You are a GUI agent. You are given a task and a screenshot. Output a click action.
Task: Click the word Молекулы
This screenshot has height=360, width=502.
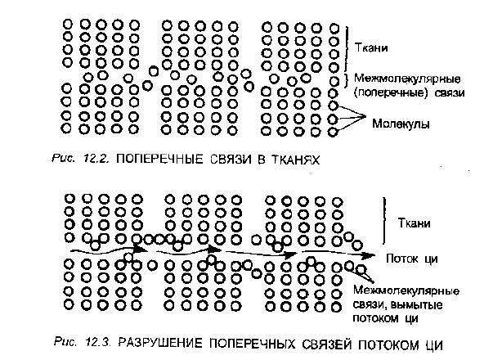(x=401, y=124)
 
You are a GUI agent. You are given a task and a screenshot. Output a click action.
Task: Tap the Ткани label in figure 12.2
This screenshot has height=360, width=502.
(x=372, y=47)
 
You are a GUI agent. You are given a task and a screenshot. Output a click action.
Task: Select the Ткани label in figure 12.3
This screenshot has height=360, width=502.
(x=414, y=223)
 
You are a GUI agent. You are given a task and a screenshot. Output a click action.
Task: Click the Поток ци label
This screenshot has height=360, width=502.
(x=412, y=259)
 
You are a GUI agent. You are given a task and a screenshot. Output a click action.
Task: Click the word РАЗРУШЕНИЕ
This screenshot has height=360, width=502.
(x=160, y=343)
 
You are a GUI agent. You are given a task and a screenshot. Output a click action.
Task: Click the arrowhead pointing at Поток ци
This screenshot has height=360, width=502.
(x=369, y=255)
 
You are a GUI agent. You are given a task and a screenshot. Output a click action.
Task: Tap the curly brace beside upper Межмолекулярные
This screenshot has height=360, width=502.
(x=347, y=79)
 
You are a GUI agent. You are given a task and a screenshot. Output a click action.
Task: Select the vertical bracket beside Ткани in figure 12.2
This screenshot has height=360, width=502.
(x=347, y=49)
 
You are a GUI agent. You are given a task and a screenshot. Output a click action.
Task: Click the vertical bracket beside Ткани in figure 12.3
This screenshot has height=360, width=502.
(x=384, y=220)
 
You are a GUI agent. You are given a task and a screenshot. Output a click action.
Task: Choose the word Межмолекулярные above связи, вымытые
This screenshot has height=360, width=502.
(x=406, y=290)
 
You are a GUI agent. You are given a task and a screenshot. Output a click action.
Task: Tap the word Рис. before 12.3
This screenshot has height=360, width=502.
(x=65, y=341)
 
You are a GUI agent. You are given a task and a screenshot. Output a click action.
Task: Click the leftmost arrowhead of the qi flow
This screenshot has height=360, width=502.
(x=139, y=249)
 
